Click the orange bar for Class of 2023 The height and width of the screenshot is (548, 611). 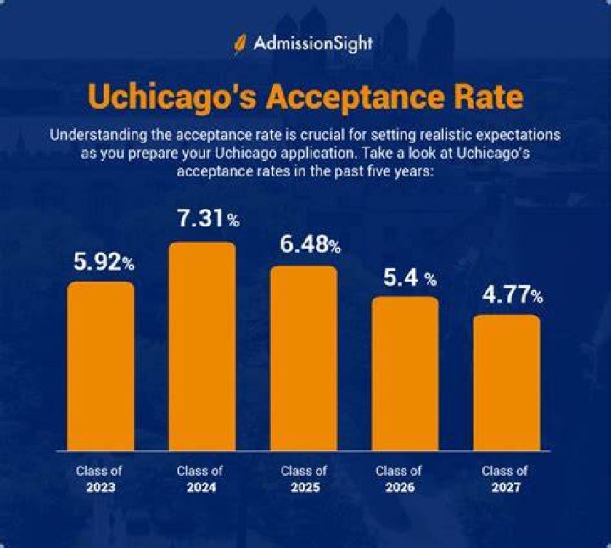tap(100, 366)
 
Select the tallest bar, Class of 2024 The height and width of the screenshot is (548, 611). tap(202, 346)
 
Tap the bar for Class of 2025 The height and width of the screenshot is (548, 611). tap(304, 358)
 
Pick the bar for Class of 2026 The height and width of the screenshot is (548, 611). tap(405, 373)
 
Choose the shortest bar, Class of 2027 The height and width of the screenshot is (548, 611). tap(507, 383)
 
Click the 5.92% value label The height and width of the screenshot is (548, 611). tap(104, 262)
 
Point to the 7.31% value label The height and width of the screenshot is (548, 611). tap(209, 218)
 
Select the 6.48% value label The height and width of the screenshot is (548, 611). tap(311, 244)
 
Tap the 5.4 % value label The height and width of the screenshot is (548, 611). tap(410, 277)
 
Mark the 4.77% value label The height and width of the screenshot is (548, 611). tap(513, 294)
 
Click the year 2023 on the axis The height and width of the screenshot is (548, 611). tap(100, 487)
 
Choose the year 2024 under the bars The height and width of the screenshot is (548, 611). tap(201, 487)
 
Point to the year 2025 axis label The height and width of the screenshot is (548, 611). tap(305, 487)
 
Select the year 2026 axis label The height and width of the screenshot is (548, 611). tap(400, 487)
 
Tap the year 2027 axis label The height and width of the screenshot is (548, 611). tap(506, 487)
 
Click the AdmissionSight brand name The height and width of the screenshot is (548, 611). tap(313, 43)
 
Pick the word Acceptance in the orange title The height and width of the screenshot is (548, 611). tap(356, 97)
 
